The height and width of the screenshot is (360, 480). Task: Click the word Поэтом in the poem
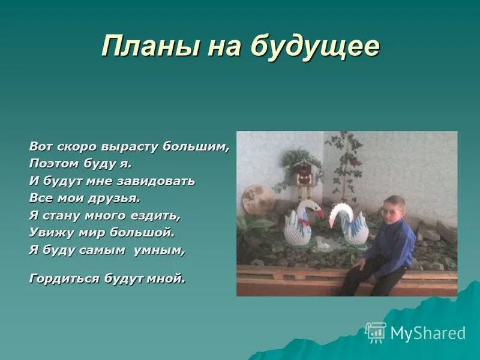(52, 163)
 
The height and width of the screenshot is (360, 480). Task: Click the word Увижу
(50, 232)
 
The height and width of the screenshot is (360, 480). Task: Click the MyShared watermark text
(428, 333)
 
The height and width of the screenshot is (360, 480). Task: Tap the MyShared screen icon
(376, 332)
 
